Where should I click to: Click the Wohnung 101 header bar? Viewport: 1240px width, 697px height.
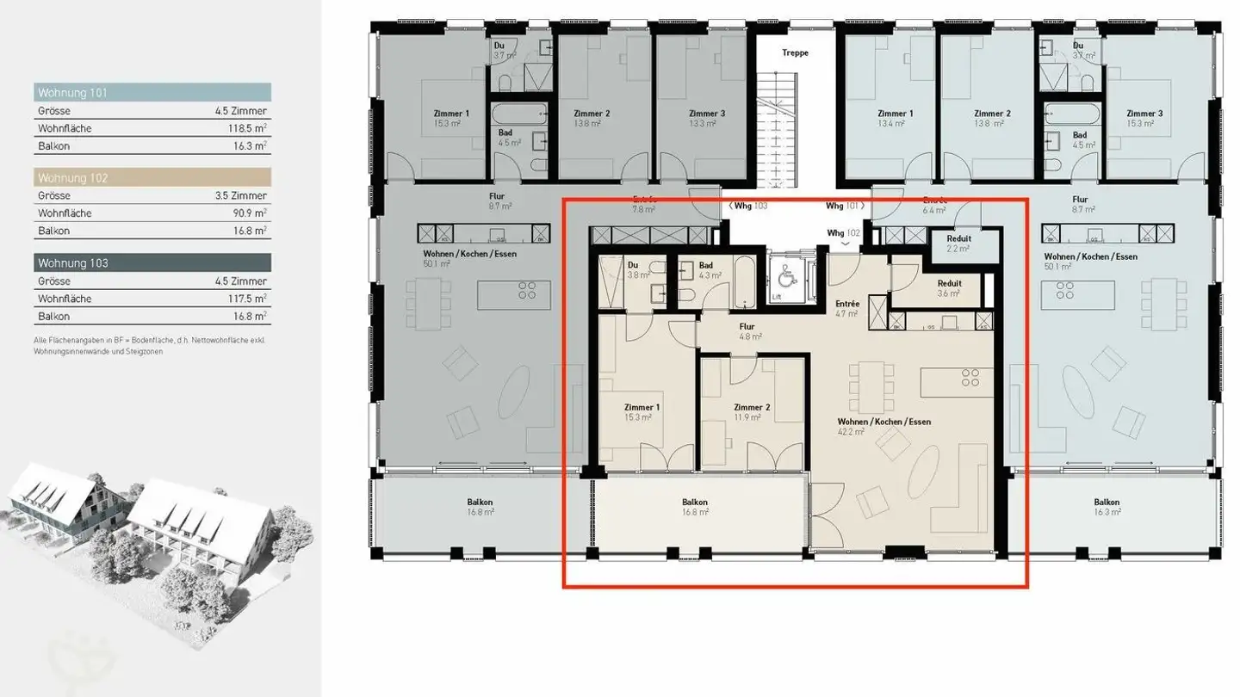(x=152, y=92)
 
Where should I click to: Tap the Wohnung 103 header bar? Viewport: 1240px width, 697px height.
(x=152, y=262)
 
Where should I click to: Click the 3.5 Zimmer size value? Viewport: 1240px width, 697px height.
(x=241, y=196)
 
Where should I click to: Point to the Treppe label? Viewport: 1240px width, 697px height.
(x=795, y=52)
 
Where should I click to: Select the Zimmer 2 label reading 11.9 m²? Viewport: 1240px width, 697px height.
(x=747, y=412)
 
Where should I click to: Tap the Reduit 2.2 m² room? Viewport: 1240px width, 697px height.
(x=958, y=244)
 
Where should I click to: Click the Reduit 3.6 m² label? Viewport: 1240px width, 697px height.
(x=949, y=287)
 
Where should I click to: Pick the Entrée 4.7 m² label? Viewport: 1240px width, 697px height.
(x=847, y=308)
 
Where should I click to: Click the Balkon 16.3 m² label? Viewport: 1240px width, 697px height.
(x=1107, y=507)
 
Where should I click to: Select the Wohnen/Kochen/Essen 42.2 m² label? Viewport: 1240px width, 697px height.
(x=884, y=427)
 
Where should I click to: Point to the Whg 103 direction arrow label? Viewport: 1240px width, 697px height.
(x=747, y=207)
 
